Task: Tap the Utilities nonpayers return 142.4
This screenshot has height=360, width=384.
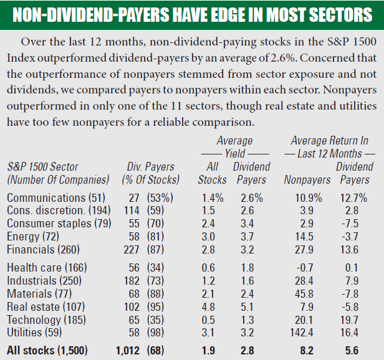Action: pyautogui.click(x=305, y=333)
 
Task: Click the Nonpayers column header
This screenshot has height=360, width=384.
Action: pyautogui.click(x=307, y=180)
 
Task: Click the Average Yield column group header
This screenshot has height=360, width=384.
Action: pyautogui.click(x=234, y=147)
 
